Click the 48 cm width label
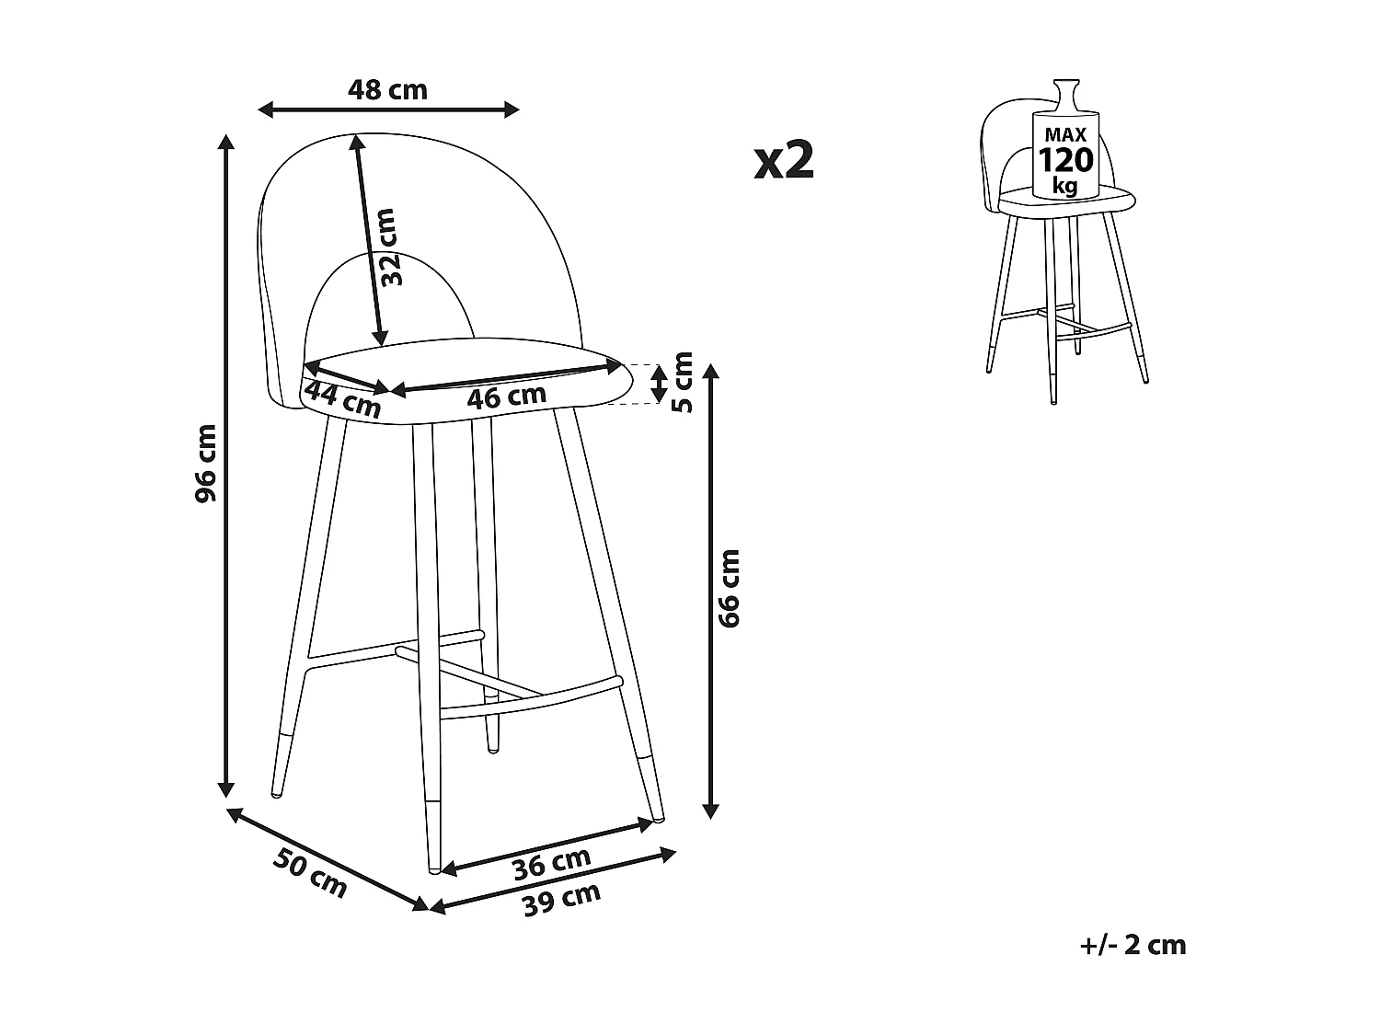click(387, 90)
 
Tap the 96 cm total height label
click(206, 463)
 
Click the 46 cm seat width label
click(506, 397)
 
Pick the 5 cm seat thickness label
click(682, 382)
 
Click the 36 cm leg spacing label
click(552, 862)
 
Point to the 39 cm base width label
click(561, 899)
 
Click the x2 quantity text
click(784, 161)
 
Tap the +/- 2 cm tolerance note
click(1133, 945)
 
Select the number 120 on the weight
click(1065, 161)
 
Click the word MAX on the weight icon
click(1065, 134)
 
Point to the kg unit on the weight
click(1065, 186)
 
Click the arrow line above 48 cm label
click(387, 110)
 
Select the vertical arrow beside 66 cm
click(709, 589)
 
